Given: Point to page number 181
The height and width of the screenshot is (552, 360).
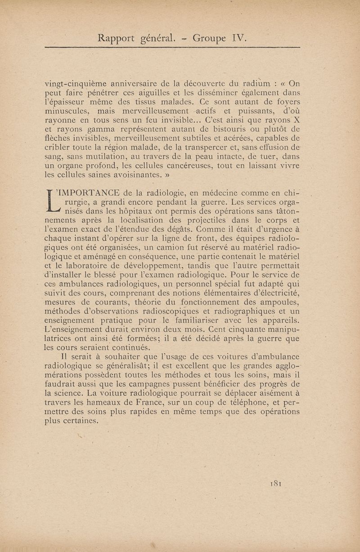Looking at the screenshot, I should (276, 484).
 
